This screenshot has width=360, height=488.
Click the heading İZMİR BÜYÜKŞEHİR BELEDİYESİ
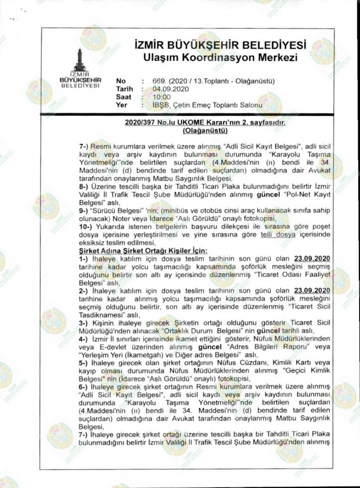220,46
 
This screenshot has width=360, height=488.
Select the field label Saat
123,97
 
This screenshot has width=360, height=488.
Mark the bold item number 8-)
84,187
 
